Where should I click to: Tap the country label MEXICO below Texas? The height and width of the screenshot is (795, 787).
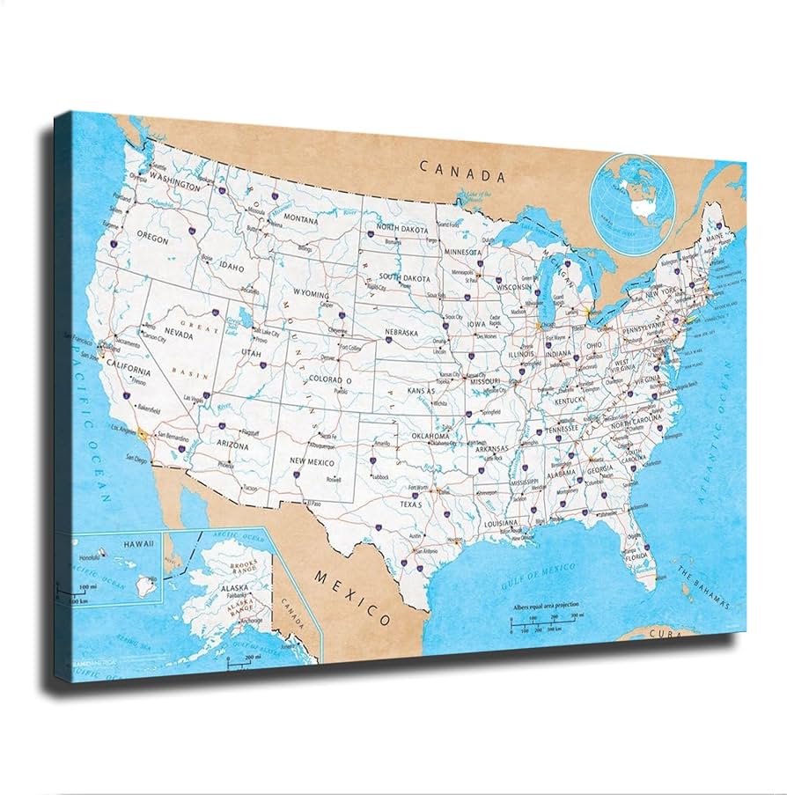click(x=353, y=593)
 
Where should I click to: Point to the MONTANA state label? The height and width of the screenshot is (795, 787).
click(x=300, y=218)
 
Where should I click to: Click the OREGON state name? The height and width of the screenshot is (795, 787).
click(x=151, y=238)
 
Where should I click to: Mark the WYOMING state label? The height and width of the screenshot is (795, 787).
click(x=311, y=295)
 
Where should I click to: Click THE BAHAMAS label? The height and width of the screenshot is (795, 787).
click(x=704, y=588)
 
